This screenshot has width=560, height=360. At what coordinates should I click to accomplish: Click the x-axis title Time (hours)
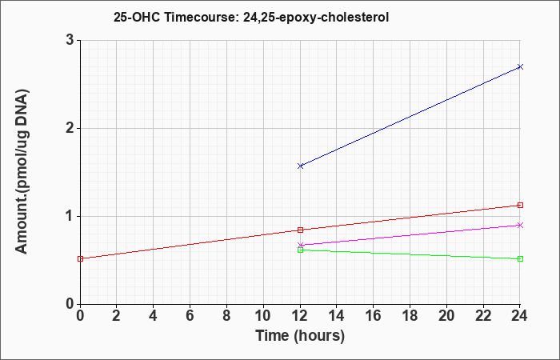[300, 336]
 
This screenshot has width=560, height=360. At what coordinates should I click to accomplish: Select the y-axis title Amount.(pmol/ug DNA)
[22, 172]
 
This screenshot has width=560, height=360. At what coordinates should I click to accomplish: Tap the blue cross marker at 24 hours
[520, 66]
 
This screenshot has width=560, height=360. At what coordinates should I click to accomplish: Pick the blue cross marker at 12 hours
[300, 166]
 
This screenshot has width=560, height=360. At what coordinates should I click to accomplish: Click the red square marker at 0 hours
[80, 258]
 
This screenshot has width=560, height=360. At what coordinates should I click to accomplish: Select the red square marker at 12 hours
[300, 230]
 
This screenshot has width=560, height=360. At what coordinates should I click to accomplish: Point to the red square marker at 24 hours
[520, 205]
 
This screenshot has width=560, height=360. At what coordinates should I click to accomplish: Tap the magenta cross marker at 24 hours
[520, 225]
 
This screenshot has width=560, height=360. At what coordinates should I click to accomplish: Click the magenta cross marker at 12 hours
[300, 245]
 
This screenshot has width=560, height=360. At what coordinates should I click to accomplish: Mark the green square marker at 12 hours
[300, 250]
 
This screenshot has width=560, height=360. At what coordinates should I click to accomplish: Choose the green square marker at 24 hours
[520, 258]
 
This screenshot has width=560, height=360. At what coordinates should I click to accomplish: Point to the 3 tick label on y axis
[70, 40]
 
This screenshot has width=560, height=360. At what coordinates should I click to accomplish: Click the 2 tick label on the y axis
[70, 128]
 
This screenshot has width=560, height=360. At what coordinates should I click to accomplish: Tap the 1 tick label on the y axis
[70, 216]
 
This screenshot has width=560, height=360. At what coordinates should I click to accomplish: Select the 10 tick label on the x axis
[263, 316]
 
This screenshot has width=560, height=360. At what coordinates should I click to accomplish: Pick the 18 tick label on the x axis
[410, 316]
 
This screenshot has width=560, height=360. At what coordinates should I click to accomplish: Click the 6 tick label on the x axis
[190, 316]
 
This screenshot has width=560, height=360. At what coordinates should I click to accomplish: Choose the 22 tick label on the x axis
[483, 316]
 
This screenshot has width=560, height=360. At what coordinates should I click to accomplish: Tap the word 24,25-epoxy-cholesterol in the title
[316, 18]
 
